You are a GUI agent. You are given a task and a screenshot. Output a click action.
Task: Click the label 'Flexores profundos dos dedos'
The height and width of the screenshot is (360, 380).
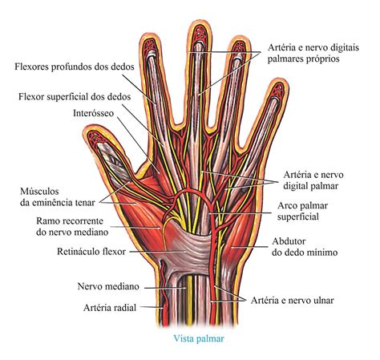75,67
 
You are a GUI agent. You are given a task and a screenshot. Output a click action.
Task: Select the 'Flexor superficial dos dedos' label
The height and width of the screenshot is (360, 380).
75,96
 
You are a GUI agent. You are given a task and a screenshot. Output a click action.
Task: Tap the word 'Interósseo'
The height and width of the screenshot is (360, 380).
93,113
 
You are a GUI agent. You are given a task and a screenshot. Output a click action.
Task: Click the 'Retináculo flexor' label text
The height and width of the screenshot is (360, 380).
91,252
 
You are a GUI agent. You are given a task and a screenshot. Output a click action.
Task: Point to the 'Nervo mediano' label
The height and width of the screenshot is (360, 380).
108,286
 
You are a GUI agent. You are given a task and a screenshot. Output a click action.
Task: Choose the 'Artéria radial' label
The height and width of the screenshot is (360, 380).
110,308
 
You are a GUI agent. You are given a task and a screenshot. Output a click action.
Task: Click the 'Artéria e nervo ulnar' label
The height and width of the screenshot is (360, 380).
293,301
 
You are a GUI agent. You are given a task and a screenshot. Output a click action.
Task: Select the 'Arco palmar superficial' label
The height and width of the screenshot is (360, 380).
302,211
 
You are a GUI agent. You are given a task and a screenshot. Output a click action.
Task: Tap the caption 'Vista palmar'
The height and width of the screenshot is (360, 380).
199,338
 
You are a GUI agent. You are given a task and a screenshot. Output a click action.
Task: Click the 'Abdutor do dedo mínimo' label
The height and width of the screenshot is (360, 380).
305,247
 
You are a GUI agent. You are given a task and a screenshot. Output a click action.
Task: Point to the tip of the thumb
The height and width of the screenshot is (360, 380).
90,127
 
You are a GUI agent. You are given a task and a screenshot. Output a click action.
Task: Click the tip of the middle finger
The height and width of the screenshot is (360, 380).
200,21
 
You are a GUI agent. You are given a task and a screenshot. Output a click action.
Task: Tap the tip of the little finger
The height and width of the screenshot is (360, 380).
280,79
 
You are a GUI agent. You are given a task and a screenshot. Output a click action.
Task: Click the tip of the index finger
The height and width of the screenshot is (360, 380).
150,34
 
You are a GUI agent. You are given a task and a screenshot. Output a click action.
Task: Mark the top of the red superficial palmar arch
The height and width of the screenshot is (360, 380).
190,190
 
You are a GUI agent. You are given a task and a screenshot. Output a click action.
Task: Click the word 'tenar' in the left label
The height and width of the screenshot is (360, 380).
85,203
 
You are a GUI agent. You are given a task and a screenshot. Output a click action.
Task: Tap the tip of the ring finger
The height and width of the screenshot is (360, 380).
240,38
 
